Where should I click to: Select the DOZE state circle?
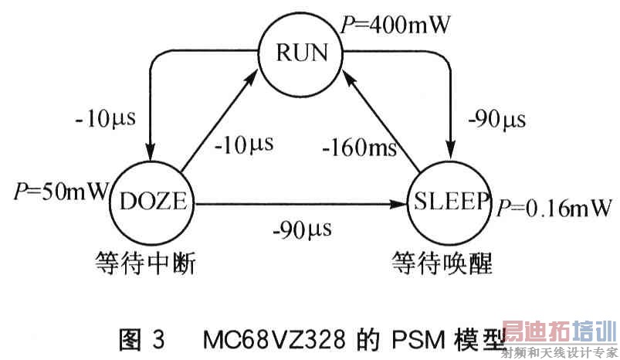pos(154,202)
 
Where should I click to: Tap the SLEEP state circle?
pos(451,202)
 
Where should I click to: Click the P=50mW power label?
pos(60,191)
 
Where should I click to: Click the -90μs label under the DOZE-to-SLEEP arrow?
pos(301,229)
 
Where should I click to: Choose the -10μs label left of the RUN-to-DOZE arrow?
pos(106,120)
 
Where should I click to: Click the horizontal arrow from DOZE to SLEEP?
pos(301,205)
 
